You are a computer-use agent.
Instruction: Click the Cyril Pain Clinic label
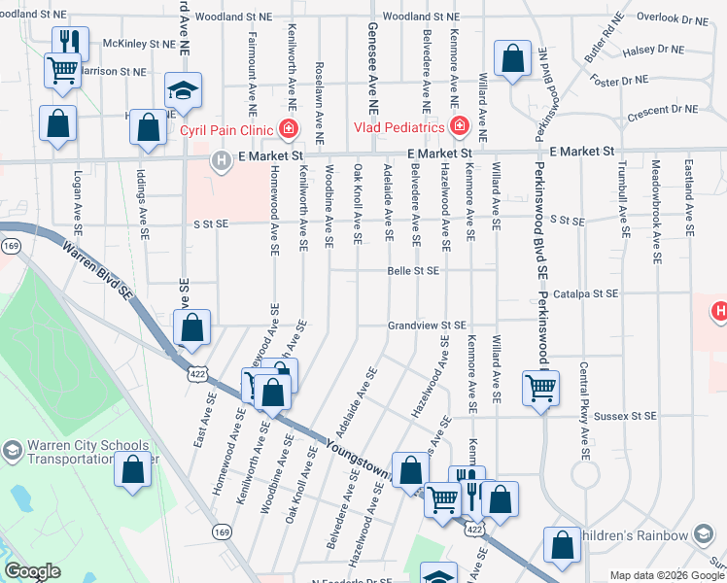click(227, 128)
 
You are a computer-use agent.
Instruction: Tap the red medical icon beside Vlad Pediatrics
click(458, 126)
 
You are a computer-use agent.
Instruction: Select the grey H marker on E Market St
click(222, 160)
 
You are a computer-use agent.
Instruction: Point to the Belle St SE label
click(413, 271)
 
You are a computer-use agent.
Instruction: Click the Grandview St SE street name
click(428, 326)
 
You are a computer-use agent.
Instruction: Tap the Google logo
click(33, 571)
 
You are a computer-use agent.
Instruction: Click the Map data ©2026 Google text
click(667, 575)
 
